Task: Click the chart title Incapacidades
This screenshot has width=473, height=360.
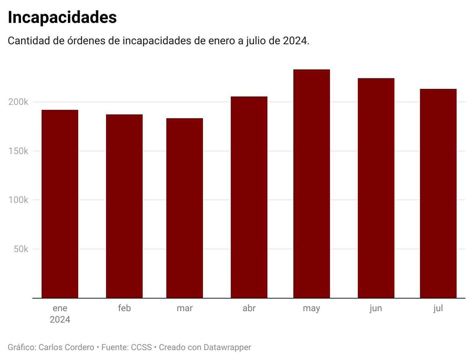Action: [62, 18]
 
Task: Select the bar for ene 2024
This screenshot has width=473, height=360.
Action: [60, 204]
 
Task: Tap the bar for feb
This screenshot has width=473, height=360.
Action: [124, 206]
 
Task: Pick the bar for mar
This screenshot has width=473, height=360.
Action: [185, 208]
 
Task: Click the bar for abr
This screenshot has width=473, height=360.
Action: [249, 197]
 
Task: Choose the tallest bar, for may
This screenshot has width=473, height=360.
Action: [312, 184]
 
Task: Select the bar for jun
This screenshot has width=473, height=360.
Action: [376, 188]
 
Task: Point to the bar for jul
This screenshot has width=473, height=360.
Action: [438, 193]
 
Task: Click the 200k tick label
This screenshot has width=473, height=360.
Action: [18, 102]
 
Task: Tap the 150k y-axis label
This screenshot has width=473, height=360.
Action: [18, 151]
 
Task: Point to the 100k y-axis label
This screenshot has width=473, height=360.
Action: [18, 200]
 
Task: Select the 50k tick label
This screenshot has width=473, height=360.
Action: [21, 249]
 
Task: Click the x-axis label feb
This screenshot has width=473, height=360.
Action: [124, 308]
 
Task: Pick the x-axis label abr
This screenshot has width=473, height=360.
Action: [249, 308]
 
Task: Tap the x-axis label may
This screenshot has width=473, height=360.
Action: [312, 309]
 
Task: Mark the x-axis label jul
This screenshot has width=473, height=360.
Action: [438, 308]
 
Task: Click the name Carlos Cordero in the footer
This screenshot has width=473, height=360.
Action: [66, 347]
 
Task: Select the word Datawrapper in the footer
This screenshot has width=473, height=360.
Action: [227, 347]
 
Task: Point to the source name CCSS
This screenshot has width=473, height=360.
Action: [142, 347]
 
